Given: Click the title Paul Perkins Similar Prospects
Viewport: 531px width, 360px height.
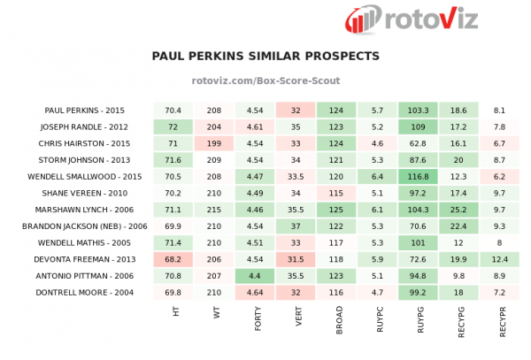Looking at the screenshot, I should click(x=265, y=56).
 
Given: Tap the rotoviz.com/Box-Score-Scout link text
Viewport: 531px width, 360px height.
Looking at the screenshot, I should click(x=265, y=80).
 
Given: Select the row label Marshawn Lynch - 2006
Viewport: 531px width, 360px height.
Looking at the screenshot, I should click(x=86, y=210).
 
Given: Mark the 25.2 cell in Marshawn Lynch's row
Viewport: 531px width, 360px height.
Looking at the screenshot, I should click(x=458, y=210).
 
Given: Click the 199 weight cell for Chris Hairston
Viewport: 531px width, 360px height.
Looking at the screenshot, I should click(x=213, y=143).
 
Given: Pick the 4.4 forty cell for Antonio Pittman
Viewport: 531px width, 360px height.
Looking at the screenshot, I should click(x=254, y=275).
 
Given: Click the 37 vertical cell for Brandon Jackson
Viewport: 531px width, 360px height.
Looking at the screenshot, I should click(x=296, y=226).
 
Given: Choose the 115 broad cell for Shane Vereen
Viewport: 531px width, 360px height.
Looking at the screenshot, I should click(x=336, y=193).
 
